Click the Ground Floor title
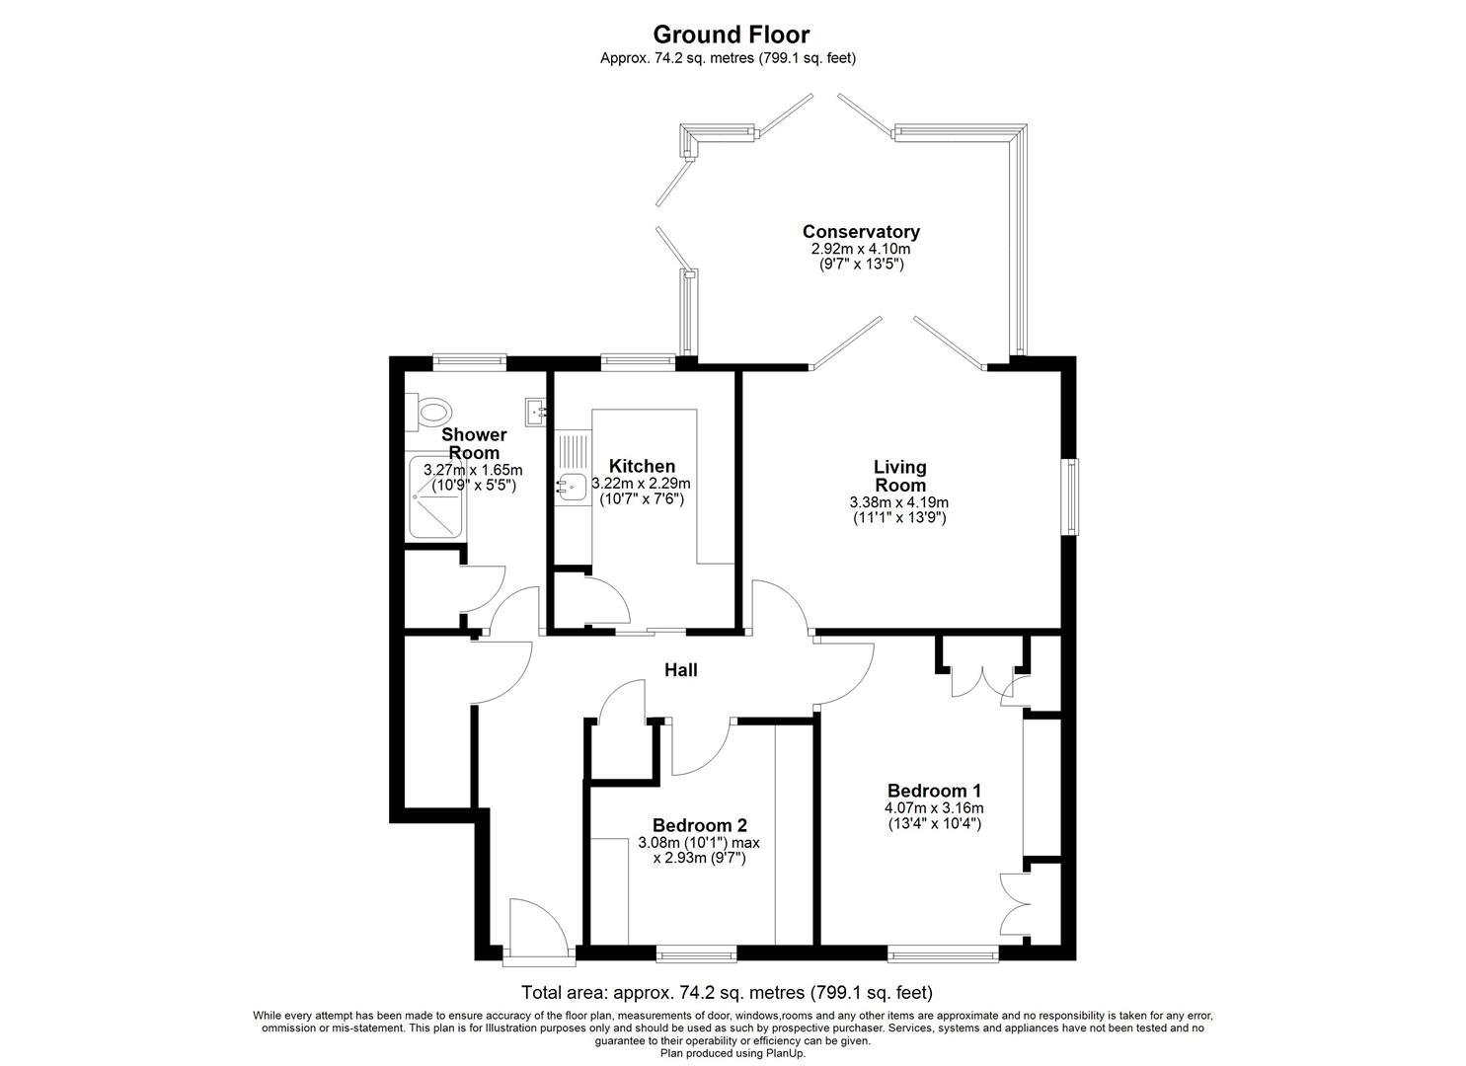(732, 35)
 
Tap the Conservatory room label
(861, 231)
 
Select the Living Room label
(899, 476)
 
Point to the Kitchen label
(642, 466)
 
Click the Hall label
(680, 670)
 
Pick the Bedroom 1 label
(934, 791)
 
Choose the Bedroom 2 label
(699, 825)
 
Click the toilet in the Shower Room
(430, 409)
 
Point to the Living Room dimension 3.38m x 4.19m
(899, 502)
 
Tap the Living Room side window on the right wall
(1070, 496)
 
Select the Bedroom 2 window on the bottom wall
(696, 953)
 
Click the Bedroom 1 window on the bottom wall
(942, 953)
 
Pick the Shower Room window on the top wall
(469, 362)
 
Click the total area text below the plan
(727, 993)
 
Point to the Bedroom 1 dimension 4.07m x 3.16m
(933, 808)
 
